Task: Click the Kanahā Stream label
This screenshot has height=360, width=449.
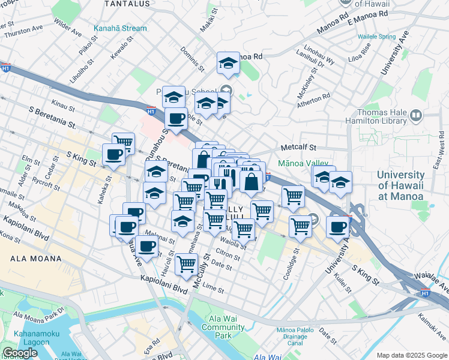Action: tap(120, 28)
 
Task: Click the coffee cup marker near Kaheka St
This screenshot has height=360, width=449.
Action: tap(113, 154)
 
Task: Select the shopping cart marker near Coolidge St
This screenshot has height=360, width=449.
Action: tap(300, 226)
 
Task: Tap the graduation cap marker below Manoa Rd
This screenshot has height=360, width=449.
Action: tap(228, 62)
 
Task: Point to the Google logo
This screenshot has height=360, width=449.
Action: tap(20, 353)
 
